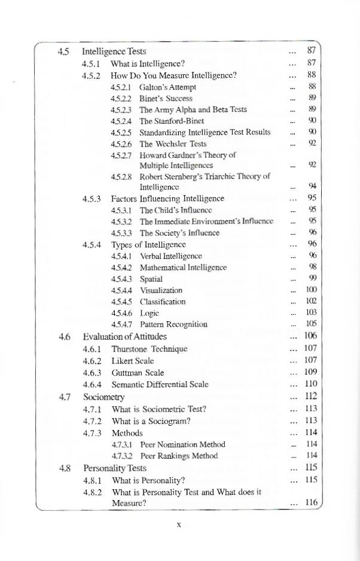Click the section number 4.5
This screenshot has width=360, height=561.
(64, 51)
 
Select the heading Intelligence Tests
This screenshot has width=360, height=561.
(114, 51)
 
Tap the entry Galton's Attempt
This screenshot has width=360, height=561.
(167, 87)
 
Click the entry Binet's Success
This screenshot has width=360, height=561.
(166, 98)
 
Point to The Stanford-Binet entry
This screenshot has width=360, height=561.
(172, 121)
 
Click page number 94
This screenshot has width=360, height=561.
(312, 187)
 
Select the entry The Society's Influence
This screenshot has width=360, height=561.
(179, 233)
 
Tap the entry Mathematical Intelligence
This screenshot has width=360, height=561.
(183, 267)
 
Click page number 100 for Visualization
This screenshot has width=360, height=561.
(310, 290)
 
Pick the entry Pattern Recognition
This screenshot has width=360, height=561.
(173, 324)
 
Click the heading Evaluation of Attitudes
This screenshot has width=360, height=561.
(125, 336)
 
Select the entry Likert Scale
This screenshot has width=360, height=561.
(133, 361)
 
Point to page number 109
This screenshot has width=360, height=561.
(310, 372)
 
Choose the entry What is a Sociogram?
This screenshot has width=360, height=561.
(151, 420)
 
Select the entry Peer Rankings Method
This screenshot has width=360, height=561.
(179, 456)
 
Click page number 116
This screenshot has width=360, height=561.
(310, 503)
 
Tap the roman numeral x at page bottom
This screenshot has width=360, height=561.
(179, 525)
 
